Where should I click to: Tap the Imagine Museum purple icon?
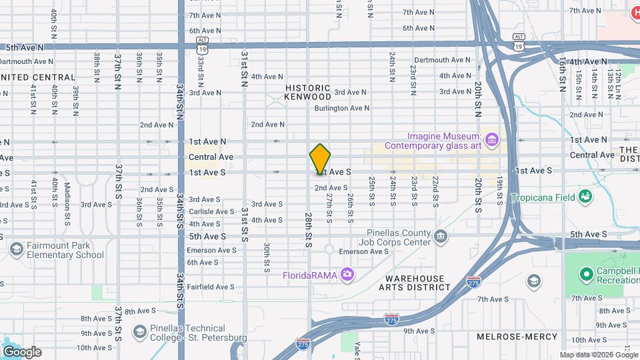click(492, 139)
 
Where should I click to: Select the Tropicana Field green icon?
click(585, 196)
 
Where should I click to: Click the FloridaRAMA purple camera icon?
click(347, 273)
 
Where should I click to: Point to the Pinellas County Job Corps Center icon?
click(441, 236)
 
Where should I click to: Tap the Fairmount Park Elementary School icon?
click(16, 249)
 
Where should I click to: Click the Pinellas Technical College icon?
click(139, 332)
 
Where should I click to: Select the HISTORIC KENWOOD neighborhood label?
click(307, 92)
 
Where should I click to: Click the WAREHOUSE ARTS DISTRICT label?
click(414, 283)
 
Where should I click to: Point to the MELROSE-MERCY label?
click(511, 337)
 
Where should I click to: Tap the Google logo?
click(21, 352)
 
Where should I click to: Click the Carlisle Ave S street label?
click(211, 211)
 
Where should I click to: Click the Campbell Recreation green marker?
click(586, 273)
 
